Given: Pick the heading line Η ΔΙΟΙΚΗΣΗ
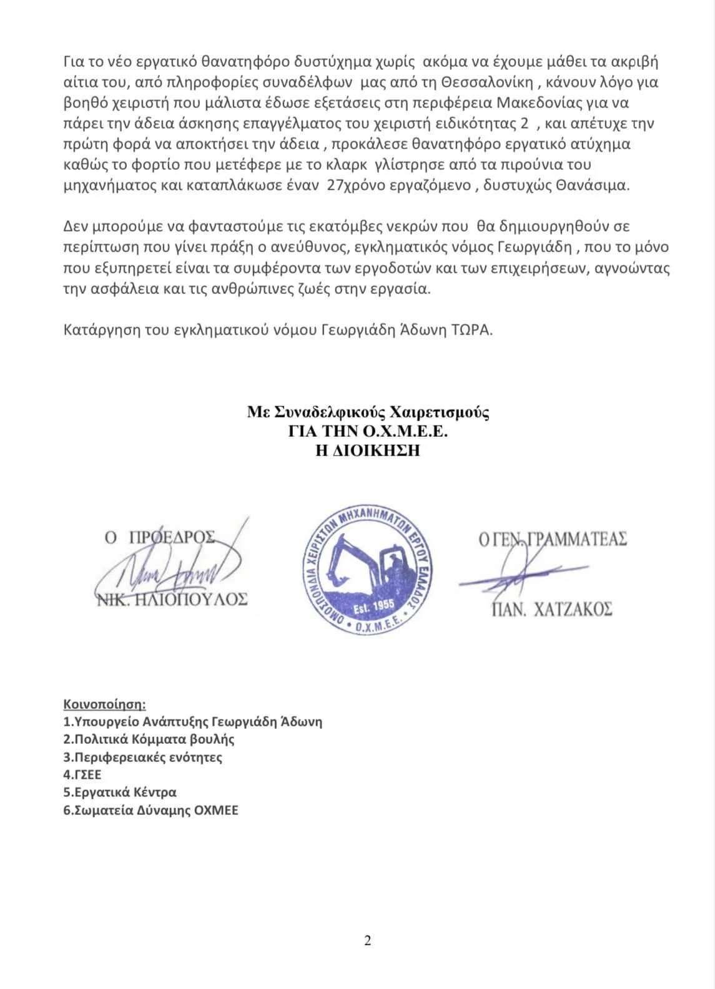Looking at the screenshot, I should click(x=368, y=451).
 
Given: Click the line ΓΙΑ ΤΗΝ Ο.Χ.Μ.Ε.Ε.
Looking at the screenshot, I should click(x=368, y=431).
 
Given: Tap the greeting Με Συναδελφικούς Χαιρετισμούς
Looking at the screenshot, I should click(x=368, y=412).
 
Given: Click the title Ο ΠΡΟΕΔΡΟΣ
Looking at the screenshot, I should click(x=160, y=537).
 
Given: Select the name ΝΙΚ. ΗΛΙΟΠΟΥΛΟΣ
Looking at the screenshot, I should click(x=172, y=600).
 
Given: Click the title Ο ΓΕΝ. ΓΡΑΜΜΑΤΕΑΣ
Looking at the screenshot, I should click(x=553, y=539).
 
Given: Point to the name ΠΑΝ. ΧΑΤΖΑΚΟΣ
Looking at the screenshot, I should click(x=552, y=609).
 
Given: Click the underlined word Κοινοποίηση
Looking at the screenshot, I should click(x=104, y=704).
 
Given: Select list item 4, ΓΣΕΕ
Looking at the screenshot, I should click(x=82, y=775).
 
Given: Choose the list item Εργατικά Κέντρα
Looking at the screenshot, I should click(x=120, y=792).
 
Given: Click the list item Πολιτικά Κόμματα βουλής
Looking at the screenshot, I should click(x=149, y=739).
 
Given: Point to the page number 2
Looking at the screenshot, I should click(x=367, y=940).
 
